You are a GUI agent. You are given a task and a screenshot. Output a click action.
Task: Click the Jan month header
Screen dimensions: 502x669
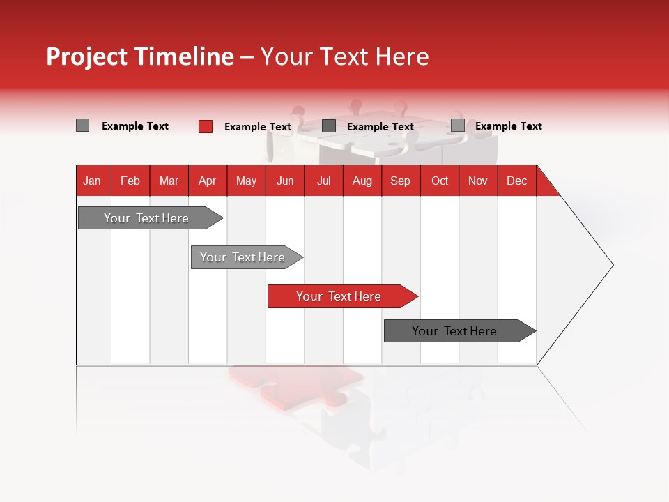coord(93,181)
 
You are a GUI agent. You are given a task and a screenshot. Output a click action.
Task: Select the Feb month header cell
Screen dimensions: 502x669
coord(130,181)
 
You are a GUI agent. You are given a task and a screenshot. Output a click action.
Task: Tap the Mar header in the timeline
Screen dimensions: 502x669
coord(169,181)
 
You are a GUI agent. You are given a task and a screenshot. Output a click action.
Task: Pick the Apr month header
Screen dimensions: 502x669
coord(208,181)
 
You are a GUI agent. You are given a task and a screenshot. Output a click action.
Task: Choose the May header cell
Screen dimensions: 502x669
coord(246,181)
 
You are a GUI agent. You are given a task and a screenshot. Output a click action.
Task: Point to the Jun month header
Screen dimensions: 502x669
coord(285,181)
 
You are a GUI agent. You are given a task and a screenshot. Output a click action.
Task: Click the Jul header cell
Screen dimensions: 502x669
coord(323,181)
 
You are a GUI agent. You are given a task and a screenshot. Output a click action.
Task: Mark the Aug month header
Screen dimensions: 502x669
coord(362,181)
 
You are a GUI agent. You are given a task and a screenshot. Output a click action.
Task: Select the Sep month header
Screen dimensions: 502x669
coord(401,181)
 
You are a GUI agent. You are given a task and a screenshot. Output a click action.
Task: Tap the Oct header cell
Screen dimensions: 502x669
coord(440,181)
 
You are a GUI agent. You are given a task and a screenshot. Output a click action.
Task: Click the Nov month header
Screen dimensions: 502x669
coord(478,181)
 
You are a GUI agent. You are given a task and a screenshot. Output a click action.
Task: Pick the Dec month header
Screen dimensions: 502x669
coord(517,181)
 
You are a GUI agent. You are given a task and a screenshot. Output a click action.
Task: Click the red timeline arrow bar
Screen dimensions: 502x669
coord(341,296)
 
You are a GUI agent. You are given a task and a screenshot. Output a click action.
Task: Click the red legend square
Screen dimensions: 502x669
coord(206,126)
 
